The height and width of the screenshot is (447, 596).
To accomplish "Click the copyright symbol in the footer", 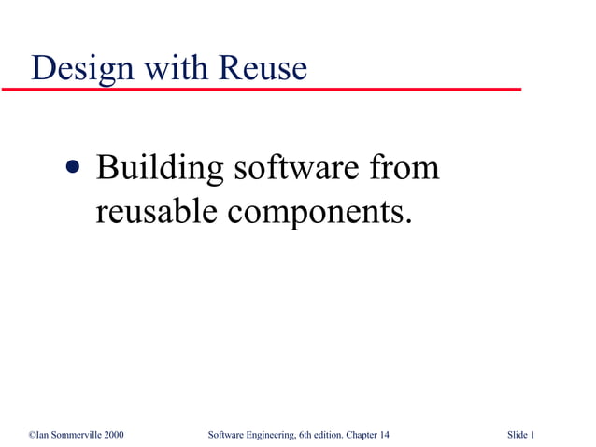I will point(32,435).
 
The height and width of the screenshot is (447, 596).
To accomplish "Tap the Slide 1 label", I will point(520,435).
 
